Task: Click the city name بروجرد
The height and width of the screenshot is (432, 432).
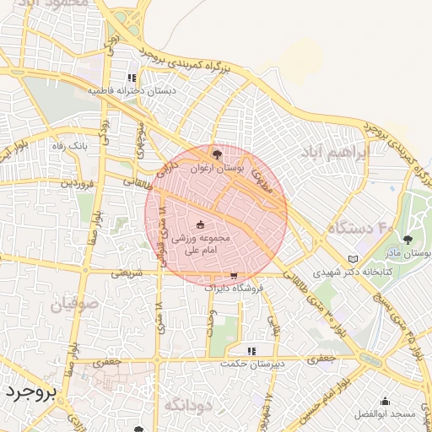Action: coord(30,393)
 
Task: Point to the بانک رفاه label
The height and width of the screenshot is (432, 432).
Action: coord(69,146)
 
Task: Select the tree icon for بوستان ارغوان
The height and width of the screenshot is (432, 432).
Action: coord(218,154)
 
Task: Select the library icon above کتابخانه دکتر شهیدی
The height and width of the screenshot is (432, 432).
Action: coord(353,258)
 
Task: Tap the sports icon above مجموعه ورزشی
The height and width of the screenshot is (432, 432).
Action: coord(201,224)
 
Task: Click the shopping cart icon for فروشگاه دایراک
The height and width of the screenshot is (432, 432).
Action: coord(234,275)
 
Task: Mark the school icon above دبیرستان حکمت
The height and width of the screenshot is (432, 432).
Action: coord(251,350)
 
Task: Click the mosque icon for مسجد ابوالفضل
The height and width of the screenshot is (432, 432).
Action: coord(386,401)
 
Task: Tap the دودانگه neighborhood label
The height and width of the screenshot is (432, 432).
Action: coord(186,405)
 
